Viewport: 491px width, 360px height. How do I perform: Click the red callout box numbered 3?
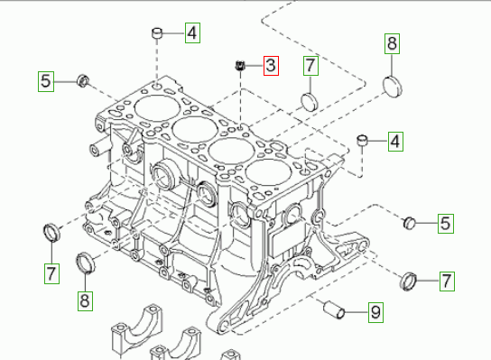pyautogui.click(x=271, y=66)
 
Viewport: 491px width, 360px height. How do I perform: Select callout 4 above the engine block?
pyautogui.click(x=192, y=32)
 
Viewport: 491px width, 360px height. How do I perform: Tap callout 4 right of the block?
pyautogui.click(x=395, y=142)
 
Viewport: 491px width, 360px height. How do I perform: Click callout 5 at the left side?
pyautogui.click(x=46, y=81)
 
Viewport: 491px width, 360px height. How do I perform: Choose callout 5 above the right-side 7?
pyautogui.click(x=446, y=223)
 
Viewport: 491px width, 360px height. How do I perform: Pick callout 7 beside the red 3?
pyautogui.click(x=310, y=66)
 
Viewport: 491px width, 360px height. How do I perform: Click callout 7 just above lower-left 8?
pyautogui.click(x=51, y=273)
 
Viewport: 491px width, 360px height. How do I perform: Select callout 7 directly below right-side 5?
pyautogui.click(x=447, y=282)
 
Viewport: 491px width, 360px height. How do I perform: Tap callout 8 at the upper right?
pyautogui.click(x=392, y=43)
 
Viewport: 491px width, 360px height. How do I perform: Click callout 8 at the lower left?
pyautogui.click(x=85, y=300)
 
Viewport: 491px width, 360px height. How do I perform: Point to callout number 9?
pyautogui.click(x=375, y=312)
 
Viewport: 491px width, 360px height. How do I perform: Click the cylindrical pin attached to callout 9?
pyautogui.click(x=334, y=309)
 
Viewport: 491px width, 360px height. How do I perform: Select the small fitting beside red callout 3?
pyautogui.click(x=239, y=66)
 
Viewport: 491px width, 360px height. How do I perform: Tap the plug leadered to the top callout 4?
pyautogui.click(x=157, y=32)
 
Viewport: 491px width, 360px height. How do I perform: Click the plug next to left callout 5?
pyautogui.click(x=83, y=81)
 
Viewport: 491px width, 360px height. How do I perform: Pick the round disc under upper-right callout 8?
pyautogui.click(x=393, y=86)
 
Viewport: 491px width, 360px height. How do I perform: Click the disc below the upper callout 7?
pyautogui.click(x=309, y=101)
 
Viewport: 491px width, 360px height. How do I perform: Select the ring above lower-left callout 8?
pyautogui.click(x=86, y=263)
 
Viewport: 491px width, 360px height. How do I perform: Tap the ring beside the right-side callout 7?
pyautogui.click(x=409, y=282)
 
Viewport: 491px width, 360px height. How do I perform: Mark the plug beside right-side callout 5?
pyautogui.click(x=409, y=223)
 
